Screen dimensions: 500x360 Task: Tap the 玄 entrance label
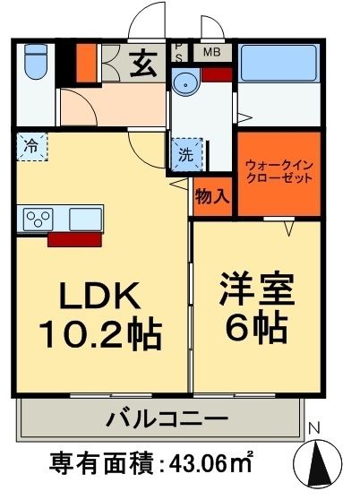click(142, 64)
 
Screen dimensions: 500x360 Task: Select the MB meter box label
click(212, 51)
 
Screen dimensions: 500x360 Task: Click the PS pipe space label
click(178, 52)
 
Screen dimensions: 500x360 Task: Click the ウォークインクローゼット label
click(279, 171)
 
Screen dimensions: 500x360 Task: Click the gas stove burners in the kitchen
click(39, 218)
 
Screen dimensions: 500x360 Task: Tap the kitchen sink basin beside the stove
click(83, 218)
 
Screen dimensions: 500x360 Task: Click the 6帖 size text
click(256, 329)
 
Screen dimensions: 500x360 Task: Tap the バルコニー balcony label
click(161, 418)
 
